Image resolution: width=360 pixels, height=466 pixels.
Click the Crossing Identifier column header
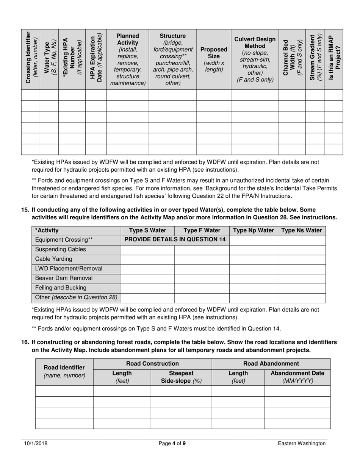tap(30, 59)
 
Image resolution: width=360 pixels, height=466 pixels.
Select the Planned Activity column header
tap(128, 59)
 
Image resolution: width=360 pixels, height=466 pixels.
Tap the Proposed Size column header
tap(214, 59)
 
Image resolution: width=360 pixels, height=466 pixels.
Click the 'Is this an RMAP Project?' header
tap(333, 59)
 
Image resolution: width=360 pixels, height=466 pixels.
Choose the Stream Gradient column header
tap(315, 59)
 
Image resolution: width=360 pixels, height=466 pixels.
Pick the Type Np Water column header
tap(254, 230)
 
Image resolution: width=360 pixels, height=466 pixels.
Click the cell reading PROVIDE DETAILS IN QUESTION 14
tap(175, 240)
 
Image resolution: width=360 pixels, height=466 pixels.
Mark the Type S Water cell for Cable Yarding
tap(147, 259)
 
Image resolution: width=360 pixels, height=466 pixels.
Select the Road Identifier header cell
tap(64, 372)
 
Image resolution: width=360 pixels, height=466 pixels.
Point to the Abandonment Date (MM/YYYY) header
tap(297, 377)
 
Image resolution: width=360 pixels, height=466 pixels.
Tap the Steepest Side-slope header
tap(181, 377)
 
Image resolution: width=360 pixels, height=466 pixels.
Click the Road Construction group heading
tap(152, 364)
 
